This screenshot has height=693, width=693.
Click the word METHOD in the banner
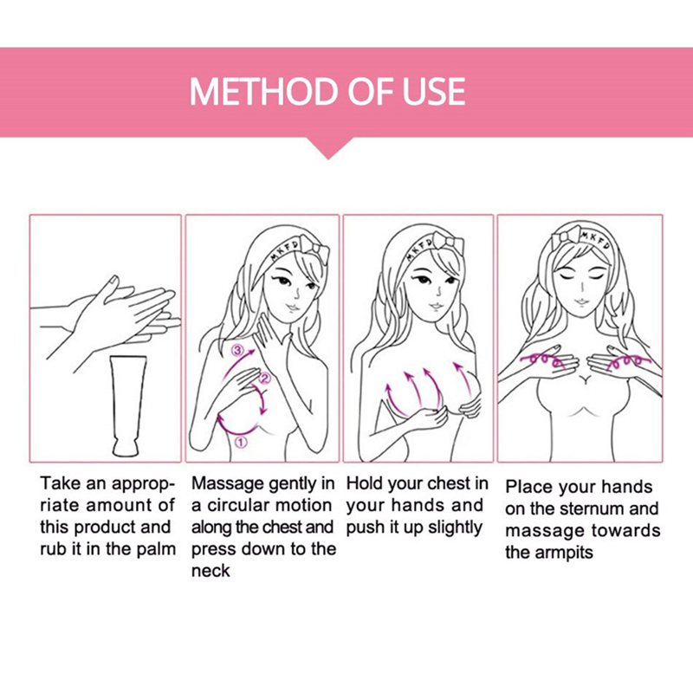click(265, 92)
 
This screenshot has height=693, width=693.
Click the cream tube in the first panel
click(128, 406)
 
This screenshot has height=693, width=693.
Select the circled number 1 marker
click(241, 442)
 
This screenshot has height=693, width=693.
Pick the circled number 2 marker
click(264, 379)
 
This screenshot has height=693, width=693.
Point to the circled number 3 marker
click(237, 351)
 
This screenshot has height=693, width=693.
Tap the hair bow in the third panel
click(449, 243)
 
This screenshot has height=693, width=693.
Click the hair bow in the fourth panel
click(567, 235)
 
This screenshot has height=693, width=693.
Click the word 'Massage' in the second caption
click(228, 484)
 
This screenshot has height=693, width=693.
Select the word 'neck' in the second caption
click(210, 571)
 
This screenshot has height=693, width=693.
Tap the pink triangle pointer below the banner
click(329, 148)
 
